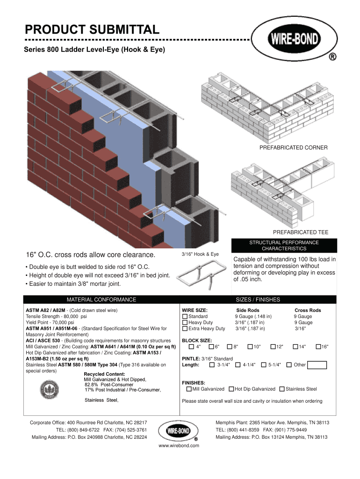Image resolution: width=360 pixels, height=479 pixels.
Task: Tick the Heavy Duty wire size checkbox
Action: point(185,323)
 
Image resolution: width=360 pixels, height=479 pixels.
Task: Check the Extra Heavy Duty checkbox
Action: point(185,329)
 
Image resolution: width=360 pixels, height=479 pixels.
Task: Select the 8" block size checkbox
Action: point(230,347)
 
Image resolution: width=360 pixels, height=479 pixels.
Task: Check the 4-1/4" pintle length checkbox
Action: point(238,365)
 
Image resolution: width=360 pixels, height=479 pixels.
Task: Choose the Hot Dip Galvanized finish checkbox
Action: point(231,389)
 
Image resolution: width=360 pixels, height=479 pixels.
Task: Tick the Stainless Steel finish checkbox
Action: point(281,389)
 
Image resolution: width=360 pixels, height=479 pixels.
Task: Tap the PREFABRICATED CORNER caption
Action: point(293,148)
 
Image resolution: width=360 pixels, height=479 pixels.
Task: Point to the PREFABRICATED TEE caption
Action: point(300,232)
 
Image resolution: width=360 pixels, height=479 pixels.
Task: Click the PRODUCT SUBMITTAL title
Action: point(92,30)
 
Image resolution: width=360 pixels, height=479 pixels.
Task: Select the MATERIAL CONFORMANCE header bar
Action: point(101,299)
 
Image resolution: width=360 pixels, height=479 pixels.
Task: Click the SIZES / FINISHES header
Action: point(258,299)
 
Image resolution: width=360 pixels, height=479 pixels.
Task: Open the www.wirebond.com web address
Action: point(179,446)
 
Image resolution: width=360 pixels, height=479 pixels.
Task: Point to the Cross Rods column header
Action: point(307,311)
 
